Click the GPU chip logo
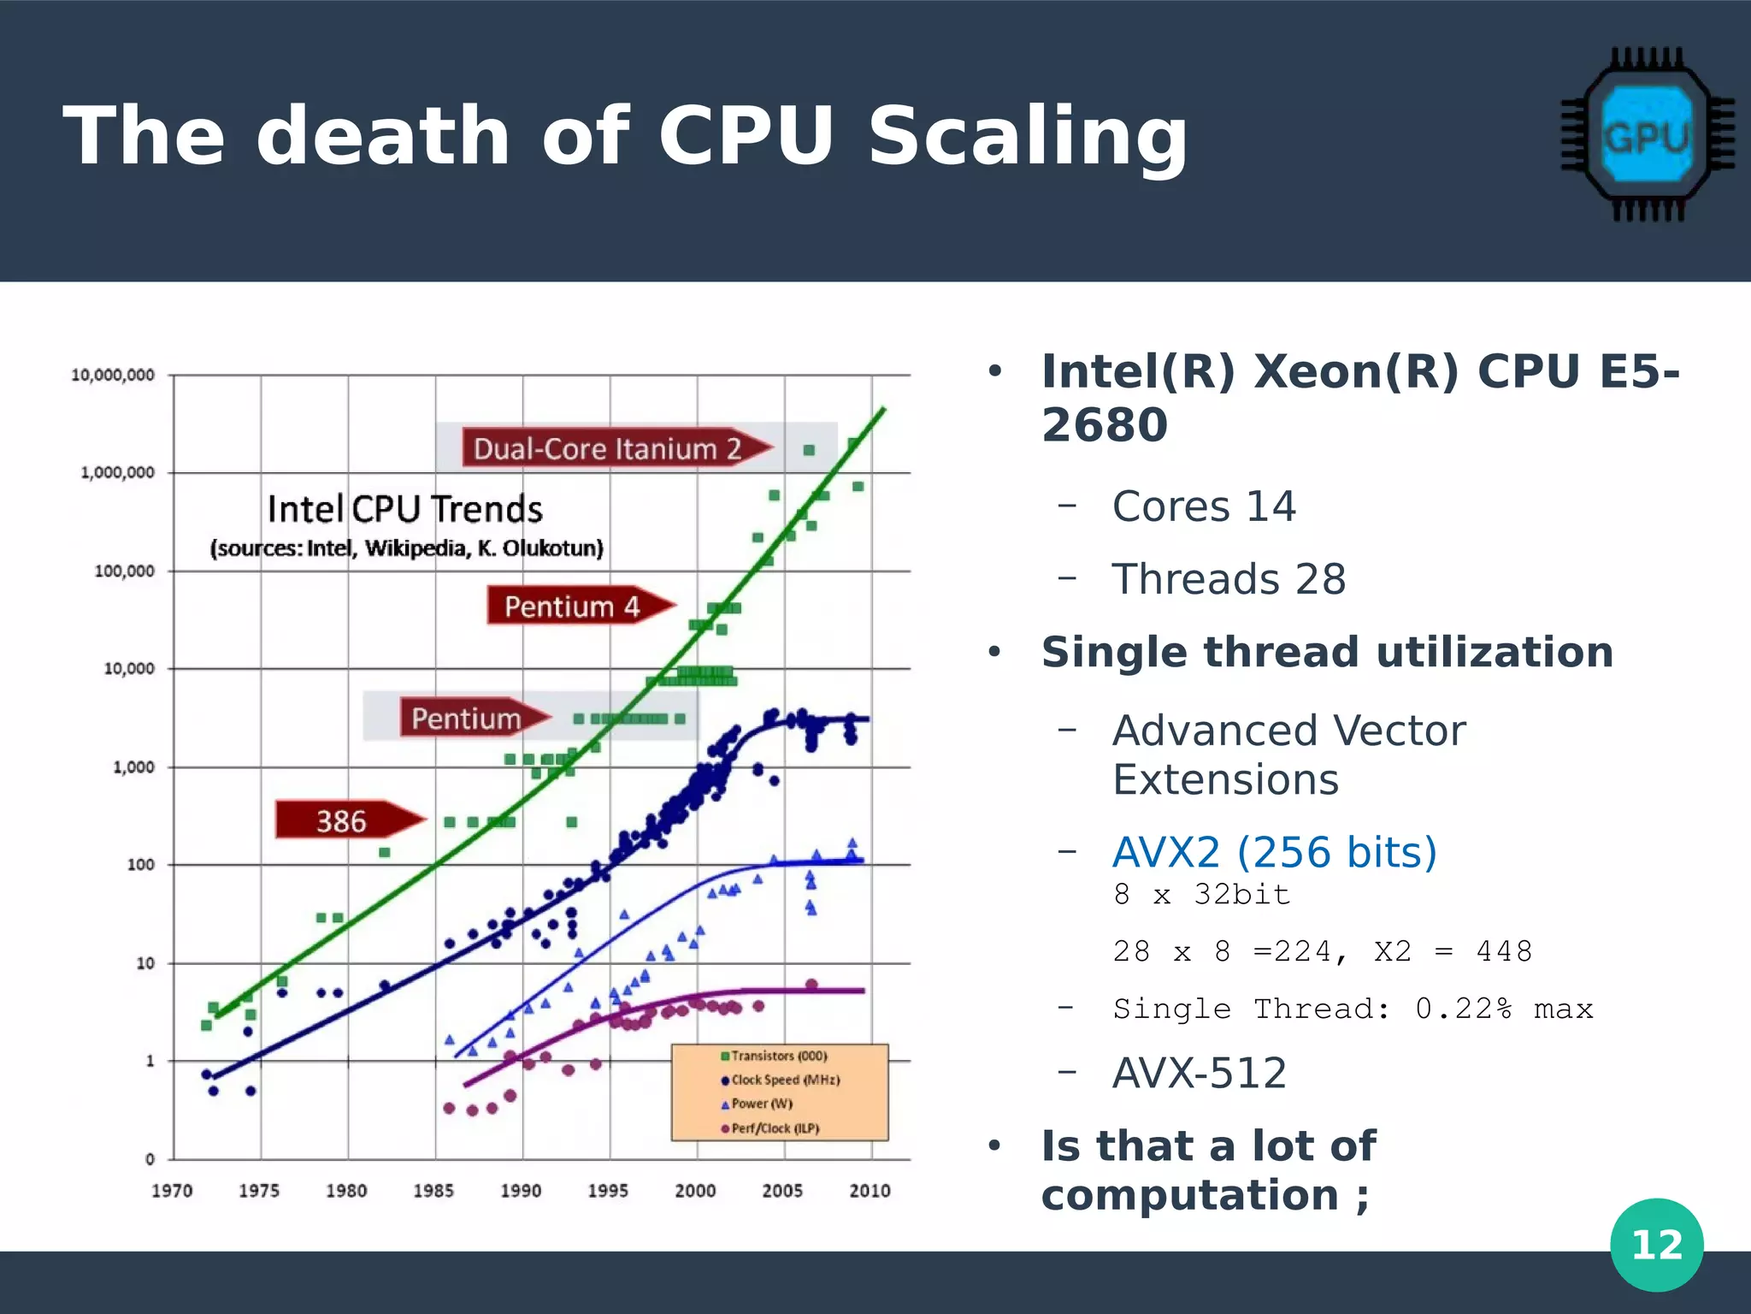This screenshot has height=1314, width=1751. click(x=1647, y=135)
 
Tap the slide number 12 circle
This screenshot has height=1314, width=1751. click(x=1656, y=1244)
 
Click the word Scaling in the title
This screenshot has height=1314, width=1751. click(x=1027, y=137)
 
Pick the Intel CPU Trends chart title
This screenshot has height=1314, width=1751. click(x=404, y=510)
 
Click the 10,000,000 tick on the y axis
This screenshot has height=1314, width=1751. click(x=113, y=375)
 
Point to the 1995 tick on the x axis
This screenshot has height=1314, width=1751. click(x=608, y=1190)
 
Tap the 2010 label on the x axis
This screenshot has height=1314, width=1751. click(x=870, y=1190)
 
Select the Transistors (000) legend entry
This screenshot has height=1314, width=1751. click(x=775, y=1057)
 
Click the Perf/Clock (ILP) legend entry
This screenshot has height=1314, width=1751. click(x=770, y=1128)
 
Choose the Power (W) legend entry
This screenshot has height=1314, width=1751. click(x=758, y=1104)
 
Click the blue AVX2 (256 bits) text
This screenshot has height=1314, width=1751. click(x=1274, y=852)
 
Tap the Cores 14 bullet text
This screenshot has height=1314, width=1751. click(x=1204, y=506)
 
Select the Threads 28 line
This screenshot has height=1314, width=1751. click(x=1229, y=579)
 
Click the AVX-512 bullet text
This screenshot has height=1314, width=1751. click(x=1200, y=1073)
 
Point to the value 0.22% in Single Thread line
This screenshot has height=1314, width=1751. click(x=1463, y=1009)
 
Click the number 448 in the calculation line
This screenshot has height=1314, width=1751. click(x=1504, y=951)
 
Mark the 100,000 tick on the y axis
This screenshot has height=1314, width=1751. click(x=125, y=571)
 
